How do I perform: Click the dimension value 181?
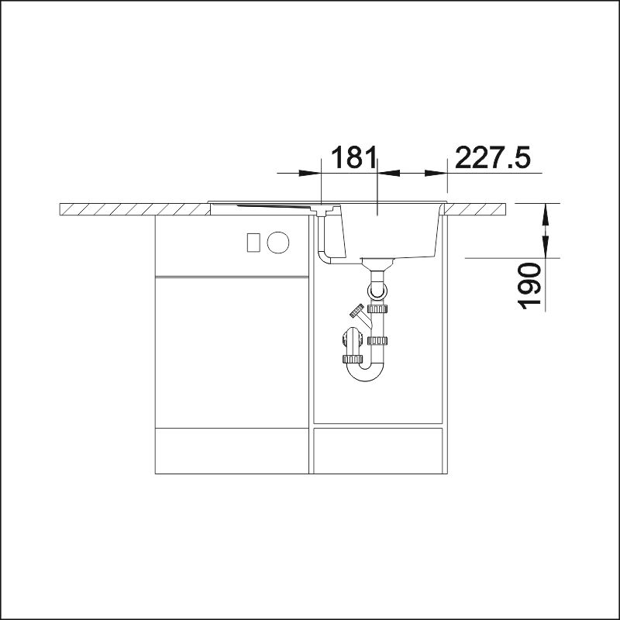[353, 157]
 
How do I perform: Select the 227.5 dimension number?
[492, 157]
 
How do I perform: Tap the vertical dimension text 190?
[529, 286]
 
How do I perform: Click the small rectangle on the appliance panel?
[253, 243]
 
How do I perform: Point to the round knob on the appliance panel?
[278, 243]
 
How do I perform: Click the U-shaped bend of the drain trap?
[365, 374]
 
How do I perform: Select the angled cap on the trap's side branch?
[356, 311]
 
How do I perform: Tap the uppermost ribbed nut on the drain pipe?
[377, 308]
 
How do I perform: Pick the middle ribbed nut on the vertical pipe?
[377, 340]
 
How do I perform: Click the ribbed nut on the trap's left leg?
[353, 359]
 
